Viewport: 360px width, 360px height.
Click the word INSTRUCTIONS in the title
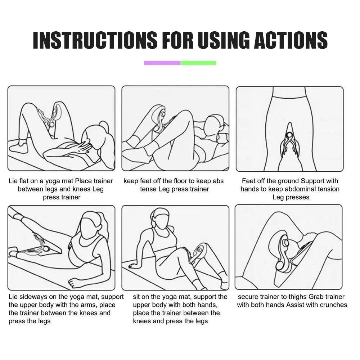[95, 40]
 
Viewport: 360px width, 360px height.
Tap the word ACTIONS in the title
[291, 40]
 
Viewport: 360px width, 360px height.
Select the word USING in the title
[224, 40]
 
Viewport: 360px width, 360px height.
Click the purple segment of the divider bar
[162, 63]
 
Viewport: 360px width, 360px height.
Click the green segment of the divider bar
[198, 63]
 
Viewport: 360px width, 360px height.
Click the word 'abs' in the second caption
[218, 181]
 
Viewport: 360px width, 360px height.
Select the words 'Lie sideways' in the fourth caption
[28, 297]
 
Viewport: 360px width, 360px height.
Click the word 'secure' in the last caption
[248, 297]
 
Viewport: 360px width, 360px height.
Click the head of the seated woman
[160, 217]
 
